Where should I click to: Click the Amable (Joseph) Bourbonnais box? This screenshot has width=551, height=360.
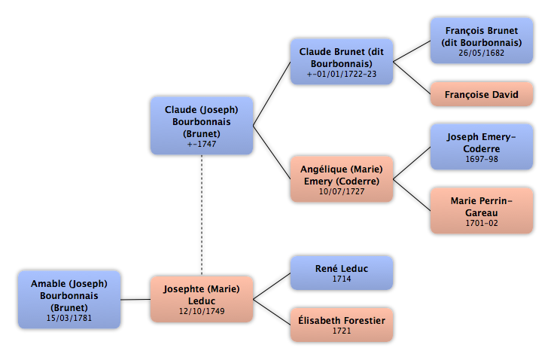[69, 300]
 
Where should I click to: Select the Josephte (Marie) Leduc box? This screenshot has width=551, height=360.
[202, 299]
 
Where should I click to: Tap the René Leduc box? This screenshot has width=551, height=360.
[342, 273]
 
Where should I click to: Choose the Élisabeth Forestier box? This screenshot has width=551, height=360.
[342, 325]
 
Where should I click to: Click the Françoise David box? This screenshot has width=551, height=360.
[482, 94]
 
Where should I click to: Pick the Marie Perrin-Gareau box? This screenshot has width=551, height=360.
[482, 211]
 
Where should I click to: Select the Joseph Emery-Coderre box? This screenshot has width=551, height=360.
[482, 147]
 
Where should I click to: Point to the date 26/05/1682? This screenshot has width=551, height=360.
[482, 53]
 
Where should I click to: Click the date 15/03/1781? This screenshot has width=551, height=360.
[69, 318]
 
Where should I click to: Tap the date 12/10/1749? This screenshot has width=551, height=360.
[202, 311]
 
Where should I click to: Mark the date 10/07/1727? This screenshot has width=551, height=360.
[342, 191]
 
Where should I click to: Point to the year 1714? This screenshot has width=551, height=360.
[342, 279]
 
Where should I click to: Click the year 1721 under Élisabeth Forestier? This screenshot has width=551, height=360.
[342, 331]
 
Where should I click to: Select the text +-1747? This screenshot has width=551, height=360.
[202, 144]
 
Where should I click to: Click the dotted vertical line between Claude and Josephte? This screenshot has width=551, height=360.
[202, 215]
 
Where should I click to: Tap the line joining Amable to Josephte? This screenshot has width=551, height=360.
[135, 300]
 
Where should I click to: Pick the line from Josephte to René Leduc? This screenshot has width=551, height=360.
[272, 286]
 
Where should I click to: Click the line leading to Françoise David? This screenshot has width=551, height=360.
[412, 78]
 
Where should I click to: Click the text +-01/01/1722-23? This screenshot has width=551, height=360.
[342, 74]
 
